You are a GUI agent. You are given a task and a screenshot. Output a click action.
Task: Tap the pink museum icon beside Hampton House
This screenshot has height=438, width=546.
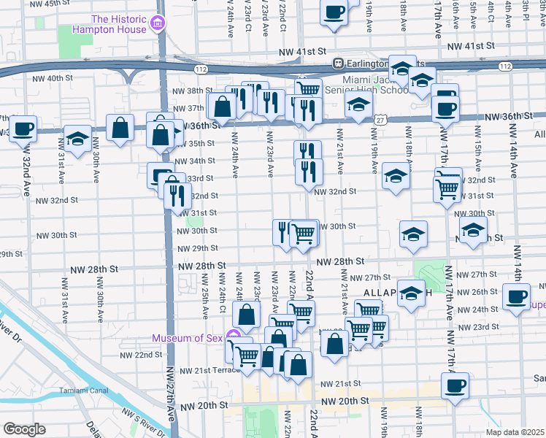pos(155,25)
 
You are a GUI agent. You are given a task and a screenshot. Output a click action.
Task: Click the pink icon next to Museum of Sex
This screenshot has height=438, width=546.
pos(233,337)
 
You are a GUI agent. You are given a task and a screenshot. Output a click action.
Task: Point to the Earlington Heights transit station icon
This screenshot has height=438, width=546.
pos(339,64)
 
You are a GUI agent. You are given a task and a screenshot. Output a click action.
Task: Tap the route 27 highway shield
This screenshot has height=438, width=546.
pos(381,119)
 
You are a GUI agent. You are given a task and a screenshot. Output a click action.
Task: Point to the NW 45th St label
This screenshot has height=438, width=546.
pos(58,4)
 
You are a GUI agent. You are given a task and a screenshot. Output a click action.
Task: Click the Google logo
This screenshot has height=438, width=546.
pos(24,429)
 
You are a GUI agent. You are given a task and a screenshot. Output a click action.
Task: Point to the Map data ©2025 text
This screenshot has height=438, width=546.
pos(515,432)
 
